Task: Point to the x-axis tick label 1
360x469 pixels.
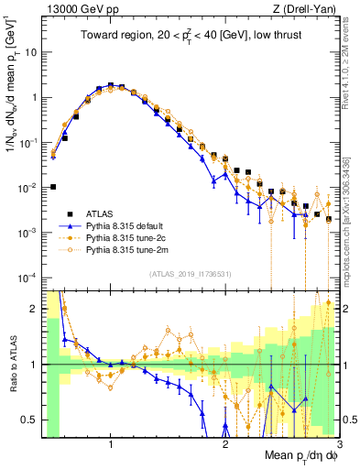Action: (111, 443)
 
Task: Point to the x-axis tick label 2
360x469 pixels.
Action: (225, 443)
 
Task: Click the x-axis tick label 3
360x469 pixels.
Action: (339, 443)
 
